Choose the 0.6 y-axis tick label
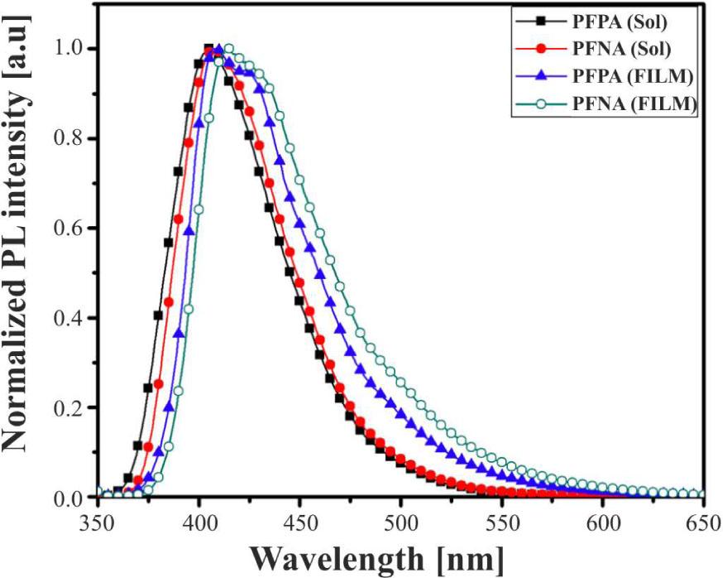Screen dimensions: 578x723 (x=71, y=228)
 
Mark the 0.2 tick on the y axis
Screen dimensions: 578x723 (x=71, y=407)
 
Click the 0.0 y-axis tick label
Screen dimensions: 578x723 (x=71, y=497)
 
